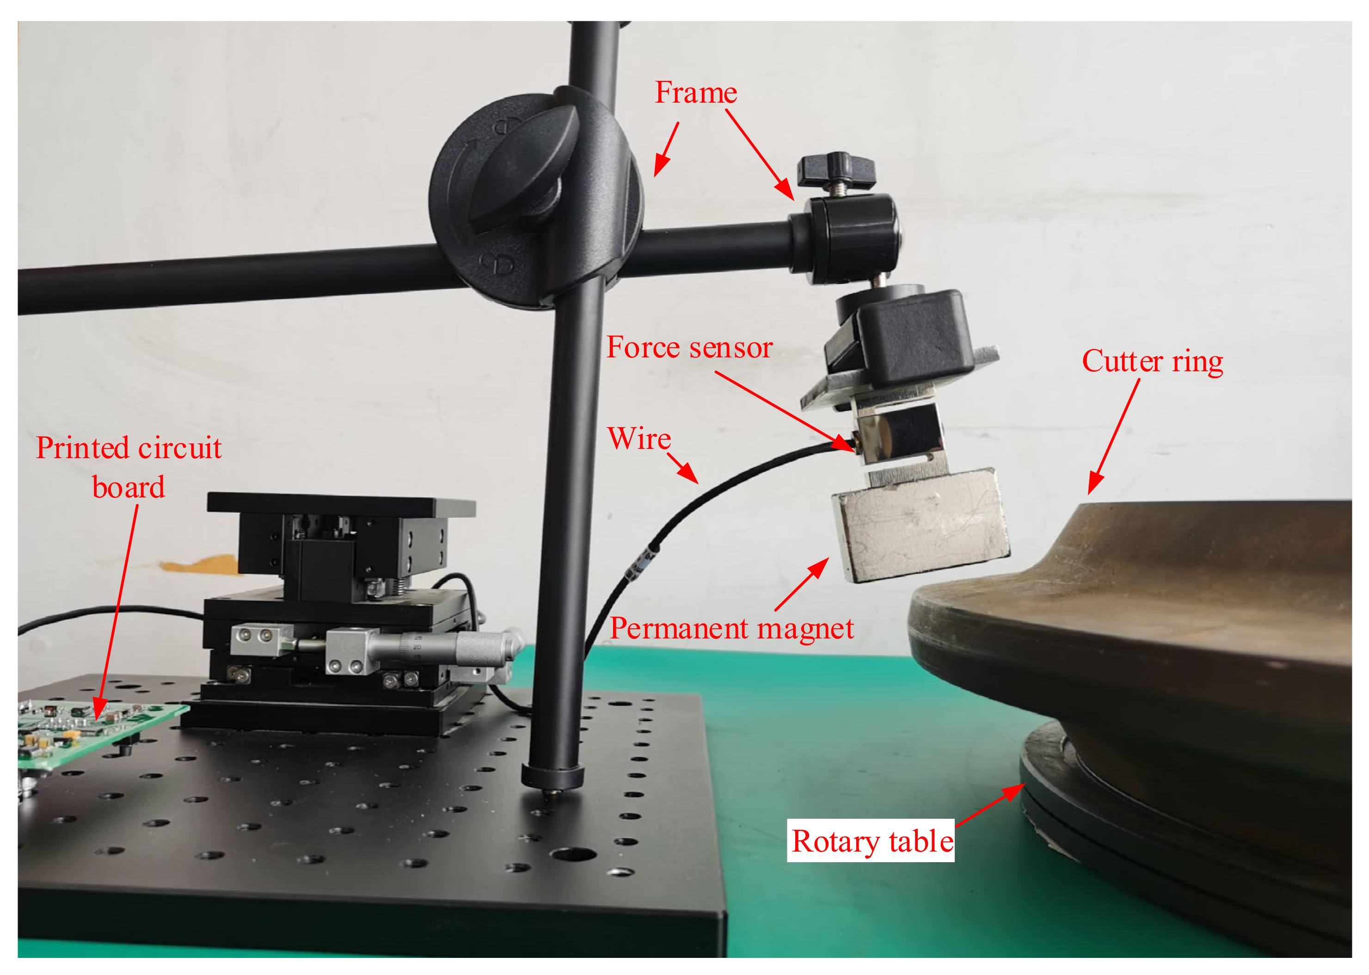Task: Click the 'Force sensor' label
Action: pyautogui.click(x=689, y=348)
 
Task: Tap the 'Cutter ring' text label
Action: pyautogui.click(x=1152, y=362)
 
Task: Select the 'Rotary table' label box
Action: pyautogui.click(x=871, y=840)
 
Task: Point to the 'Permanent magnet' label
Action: pyautogui.click(x=731, y=629)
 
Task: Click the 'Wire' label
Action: pyautogui.click(x=639, y=438)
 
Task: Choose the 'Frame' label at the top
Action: pyautogui.click(x=695, y=93)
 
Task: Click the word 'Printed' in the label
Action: pyautogui.click(x=83, y=448)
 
